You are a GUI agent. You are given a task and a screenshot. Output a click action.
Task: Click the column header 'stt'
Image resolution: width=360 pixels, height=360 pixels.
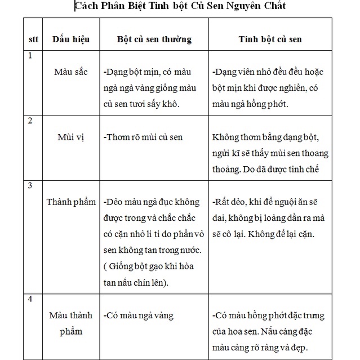tap(33, 40)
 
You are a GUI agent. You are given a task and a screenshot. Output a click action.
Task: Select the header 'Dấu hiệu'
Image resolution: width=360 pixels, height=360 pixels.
tap(72, 40)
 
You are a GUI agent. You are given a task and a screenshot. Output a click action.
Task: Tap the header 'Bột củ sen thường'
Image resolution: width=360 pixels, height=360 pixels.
tap(154, 40)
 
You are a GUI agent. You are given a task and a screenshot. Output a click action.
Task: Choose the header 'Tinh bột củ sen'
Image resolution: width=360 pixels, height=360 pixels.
tap(270, 40)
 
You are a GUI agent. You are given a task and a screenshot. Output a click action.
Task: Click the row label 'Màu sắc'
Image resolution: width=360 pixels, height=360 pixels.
tap(72, 73)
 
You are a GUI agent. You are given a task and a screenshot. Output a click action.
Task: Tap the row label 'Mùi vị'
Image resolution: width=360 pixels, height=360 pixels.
tap(71, 137)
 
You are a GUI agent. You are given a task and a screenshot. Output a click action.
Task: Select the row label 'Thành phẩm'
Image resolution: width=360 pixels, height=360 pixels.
tap(72, 202)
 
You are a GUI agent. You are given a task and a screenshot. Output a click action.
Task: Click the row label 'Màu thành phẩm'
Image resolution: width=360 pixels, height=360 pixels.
tap(72, 323)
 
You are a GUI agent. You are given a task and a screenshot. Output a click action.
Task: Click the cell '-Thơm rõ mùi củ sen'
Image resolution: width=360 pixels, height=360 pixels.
tap(143, 137)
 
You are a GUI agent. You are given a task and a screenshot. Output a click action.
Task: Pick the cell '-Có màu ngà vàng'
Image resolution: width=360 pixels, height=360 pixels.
tap(139, 315)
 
